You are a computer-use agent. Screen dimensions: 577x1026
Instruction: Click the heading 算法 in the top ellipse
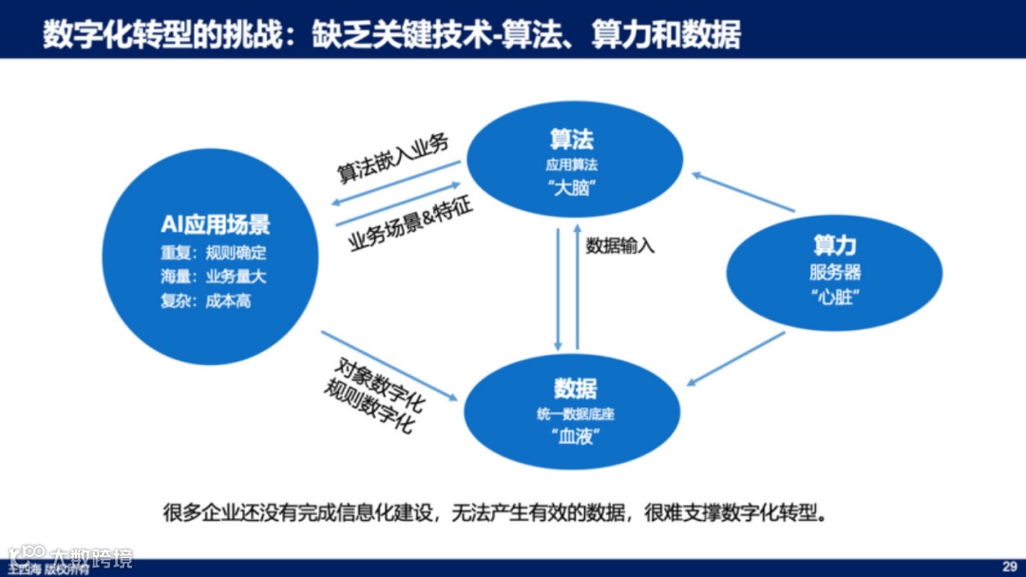pyautogui.click(x=572, y=140)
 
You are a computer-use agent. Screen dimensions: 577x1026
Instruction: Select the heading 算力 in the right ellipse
pyautogui.click(x=834, y=245)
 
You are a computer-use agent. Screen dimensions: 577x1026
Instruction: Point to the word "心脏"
pyautogui.click(x=835, y=295)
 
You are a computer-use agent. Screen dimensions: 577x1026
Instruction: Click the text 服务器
pyautogui.click(x=835, y=272)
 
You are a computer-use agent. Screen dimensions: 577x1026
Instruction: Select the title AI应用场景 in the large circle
pyautogui.click(x=215, y=224)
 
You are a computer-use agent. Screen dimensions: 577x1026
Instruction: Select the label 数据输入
pyautogui.click(x=620, y=245)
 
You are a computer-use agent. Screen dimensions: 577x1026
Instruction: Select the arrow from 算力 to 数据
pyautogui.click(x=735, y=358)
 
